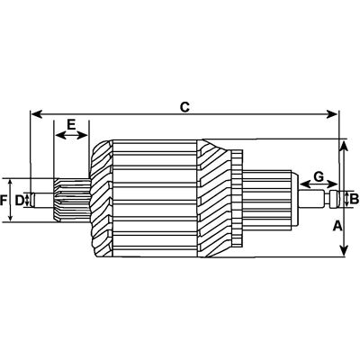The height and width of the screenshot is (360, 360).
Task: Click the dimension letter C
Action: (184, 107)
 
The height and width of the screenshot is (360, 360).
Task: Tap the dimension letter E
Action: (71, 124)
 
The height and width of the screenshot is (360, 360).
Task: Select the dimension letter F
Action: (4, 200)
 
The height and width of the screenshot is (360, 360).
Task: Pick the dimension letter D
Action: (19, 200)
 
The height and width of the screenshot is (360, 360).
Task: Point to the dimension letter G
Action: (319, 176)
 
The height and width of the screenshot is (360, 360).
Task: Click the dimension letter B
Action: (355, 199)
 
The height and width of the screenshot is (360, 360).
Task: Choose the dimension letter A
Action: (337, 226)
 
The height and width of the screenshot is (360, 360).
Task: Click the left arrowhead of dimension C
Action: (37, 114)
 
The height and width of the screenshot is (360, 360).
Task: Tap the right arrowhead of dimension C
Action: (332, 114)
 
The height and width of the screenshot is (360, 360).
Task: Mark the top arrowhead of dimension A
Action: (344, 146)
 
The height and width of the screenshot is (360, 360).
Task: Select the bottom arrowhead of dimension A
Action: (345, 251)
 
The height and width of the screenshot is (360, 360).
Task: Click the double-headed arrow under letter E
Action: (71, 136)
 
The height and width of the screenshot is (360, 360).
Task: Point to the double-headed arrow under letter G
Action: (319, 184)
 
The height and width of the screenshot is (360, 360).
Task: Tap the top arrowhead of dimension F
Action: (11, 183)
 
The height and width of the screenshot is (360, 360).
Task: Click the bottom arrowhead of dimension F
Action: (11, 218)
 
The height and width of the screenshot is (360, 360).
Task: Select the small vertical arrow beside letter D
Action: (27, 200)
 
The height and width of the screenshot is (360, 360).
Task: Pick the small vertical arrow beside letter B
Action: (347, 200)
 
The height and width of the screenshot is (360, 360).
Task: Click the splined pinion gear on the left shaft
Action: (72, 200)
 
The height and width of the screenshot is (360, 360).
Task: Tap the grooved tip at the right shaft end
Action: (334, 199)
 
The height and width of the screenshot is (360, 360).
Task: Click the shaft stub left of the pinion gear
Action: (43, 200)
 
